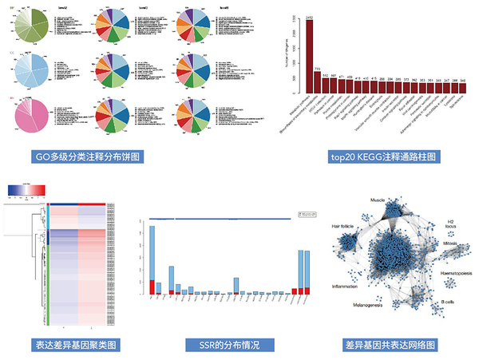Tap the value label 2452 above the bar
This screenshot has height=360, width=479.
309,16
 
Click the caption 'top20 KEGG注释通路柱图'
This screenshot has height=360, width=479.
380,156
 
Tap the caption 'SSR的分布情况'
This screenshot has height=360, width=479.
220,345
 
